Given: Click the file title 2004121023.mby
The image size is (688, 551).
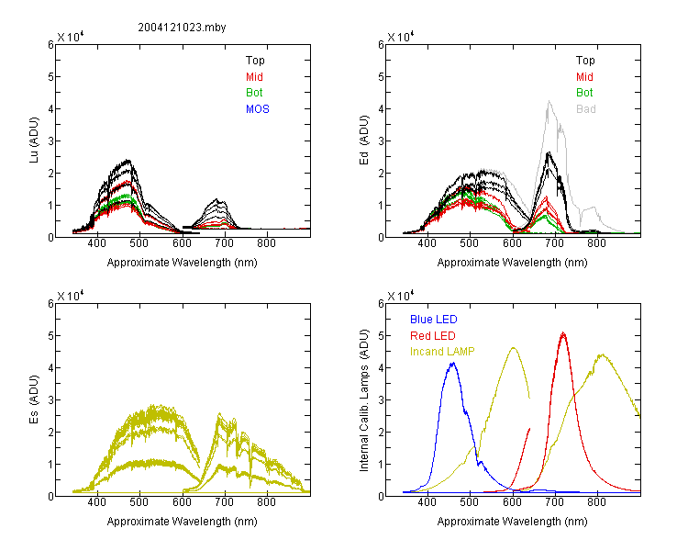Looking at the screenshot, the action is [182, 28].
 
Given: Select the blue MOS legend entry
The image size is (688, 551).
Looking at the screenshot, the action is [258, 109].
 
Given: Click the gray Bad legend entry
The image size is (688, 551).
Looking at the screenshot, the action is [586, 109].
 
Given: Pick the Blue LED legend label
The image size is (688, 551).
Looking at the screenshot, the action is [434, 320].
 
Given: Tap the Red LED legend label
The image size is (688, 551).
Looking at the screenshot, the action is [433, 336].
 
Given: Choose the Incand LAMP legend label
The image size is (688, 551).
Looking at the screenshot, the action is [442, 352].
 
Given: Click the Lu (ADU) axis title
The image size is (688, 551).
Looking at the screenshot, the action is [34, 141].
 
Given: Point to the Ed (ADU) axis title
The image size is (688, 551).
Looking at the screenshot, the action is [364, 141].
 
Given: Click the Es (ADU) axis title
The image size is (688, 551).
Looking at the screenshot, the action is [34, 399].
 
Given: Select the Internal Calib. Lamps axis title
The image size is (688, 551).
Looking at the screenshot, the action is [364, 400].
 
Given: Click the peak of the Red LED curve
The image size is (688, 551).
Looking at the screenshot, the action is [563, 333].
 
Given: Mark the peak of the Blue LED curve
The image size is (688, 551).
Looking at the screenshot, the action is [453, 363].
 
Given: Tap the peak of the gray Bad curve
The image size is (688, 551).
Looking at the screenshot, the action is [549, 101].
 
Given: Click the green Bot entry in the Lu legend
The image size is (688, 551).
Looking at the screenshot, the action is [254, 93].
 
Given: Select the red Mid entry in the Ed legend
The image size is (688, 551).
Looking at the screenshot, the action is [584, 77].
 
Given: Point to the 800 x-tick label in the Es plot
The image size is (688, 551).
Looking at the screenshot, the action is [266, 502].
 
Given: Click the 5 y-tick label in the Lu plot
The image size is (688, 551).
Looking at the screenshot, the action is [50, 77].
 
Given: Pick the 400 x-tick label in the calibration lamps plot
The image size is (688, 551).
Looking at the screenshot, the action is [427, 502].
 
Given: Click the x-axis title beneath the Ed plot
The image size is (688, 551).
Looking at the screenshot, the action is [512, 263].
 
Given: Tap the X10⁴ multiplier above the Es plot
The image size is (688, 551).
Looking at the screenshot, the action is [71, 296].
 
